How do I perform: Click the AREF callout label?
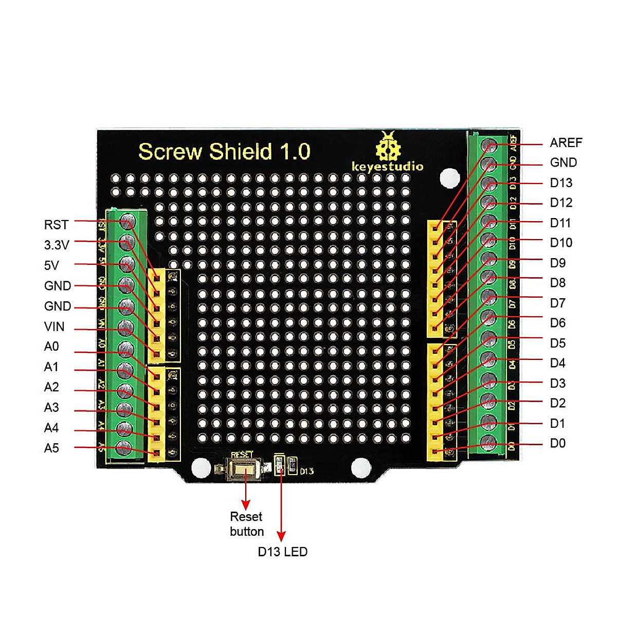(566, 142)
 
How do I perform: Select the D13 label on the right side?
(561, 183)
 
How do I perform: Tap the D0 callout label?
(557, 443)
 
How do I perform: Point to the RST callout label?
(56, 225)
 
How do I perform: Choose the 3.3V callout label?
(57, 245)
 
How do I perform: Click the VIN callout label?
(55, 326)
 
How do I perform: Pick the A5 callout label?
(51, 448)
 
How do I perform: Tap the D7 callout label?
(557, 303)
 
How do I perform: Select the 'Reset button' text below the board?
(247, 524)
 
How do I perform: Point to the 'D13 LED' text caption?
(282, 552)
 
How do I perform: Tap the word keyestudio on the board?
(387, 166)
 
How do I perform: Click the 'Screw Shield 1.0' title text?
(224, 152)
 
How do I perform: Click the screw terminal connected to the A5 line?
(123, 448)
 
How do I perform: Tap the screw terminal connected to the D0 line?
(488, 443)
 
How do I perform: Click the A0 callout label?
(51, 347)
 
